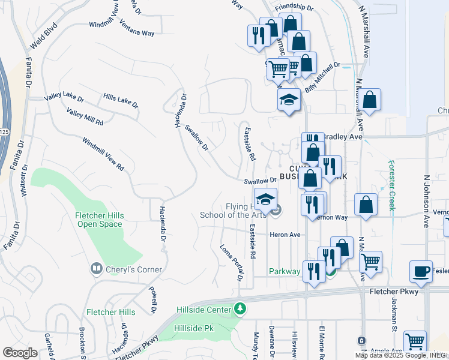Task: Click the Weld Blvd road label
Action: (x=44, y=36)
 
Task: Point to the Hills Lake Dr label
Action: (x=120, y=100)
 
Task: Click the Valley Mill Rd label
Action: (x=85, y=117)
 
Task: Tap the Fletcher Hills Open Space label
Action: (x=100, y=220)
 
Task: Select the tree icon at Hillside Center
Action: (x=240, y=309)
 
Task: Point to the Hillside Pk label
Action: (x=194, y=329)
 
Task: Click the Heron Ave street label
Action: (x=285, y=235)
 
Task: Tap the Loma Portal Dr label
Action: (x=231, y=262)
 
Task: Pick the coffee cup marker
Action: (x=421, y=271)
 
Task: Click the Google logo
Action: (x=20, y=353)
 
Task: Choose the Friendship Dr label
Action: (x=294, y=8)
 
